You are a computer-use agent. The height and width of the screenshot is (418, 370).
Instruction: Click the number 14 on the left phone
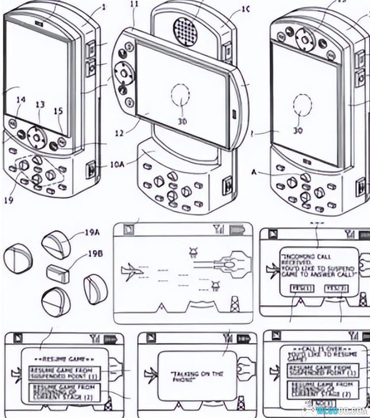click(x=21, y=100)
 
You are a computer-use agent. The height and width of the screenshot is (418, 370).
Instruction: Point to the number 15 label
click(x=58, y=111)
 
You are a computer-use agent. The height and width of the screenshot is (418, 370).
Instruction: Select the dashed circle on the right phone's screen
click(x=301, y=105)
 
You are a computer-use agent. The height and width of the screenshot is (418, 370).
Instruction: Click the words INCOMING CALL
click(x=306, y=257)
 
